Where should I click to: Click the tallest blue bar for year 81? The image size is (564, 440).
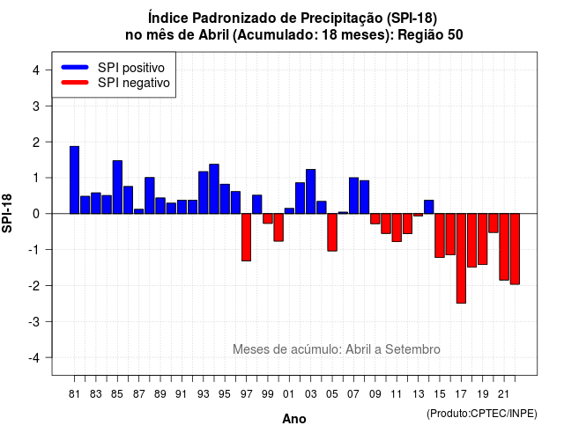point(74,180)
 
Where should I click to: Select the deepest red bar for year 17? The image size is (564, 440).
point(461,258)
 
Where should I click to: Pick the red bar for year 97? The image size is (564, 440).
point(247,237)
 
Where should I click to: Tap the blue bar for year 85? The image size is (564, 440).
point(117,187)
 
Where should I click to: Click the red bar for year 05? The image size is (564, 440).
point(332,232)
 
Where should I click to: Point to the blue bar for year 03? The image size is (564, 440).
point(311,192)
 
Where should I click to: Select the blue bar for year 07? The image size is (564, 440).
point(354,195)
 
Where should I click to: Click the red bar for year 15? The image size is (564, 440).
point(440,235)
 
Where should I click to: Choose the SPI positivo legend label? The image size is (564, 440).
point(131,68)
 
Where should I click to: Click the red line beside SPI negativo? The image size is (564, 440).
point(75,83)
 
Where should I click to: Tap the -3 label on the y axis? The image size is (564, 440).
point(34,321)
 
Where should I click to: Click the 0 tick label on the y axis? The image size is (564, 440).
point(36,214)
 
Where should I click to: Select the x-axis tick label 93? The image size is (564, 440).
point(204,394)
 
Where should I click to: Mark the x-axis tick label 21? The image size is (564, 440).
point(503,394)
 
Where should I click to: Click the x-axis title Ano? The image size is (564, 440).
point(294,419)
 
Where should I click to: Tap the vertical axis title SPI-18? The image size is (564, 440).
point(7,213)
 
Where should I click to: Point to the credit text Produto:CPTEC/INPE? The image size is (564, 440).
point(482,414)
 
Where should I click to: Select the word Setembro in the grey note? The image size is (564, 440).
point(412,349)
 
